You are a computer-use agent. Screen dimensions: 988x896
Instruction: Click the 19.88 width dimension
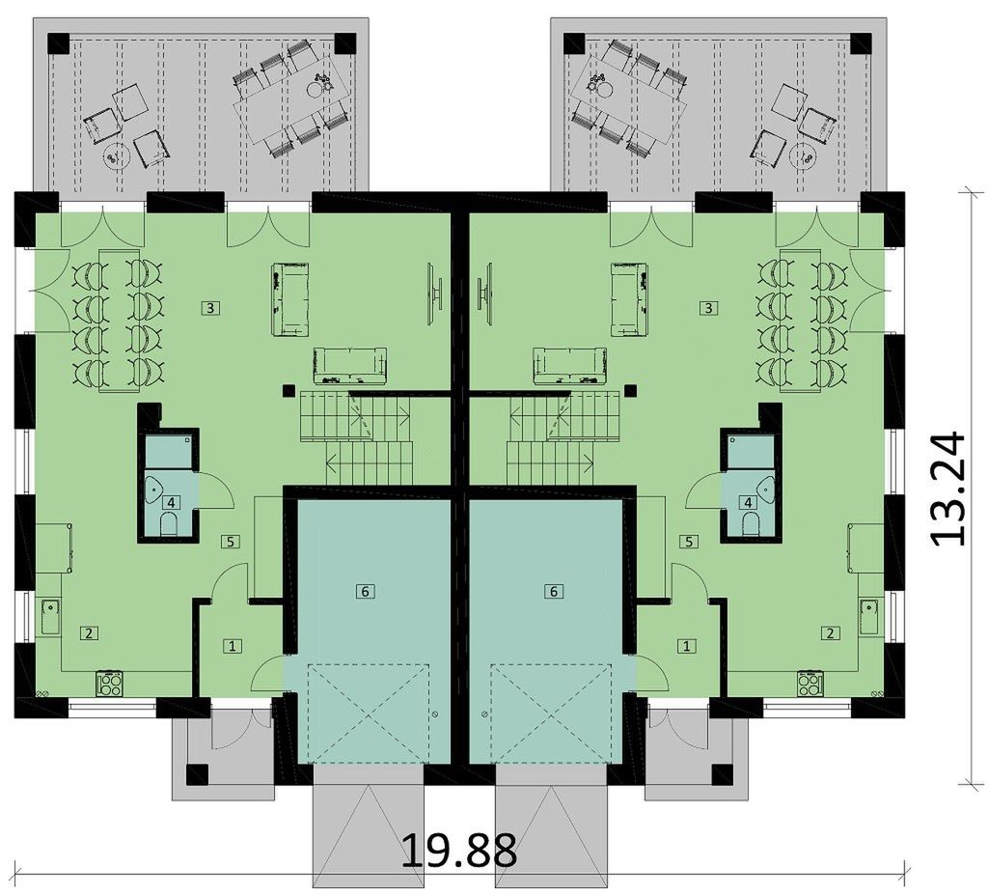click(x=458, y=850)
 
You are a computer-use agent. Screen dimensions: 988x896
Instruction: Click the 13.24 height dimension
click(x=947, y=489)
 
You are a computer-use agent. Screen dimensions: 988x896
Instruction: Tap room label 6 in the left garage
click(x=365, y=592)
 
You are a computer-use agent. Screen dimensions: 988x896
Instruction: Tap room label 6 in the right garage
click(x=554, y=592)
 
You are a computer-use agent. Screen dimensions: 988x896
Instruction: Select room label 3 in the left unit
click(x=210, y=308)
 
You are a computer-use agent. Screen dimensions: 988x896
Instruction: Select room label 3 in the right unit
click(x=709, y=308)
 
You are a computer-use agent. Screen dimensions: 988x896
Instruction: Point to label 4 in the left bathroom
click(x=170, y=502)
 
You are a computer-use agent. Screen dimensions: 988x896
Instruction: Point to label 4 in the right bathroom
click(x=748, y=502)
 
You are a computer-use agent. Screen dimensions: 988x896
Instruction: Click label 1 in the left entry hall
click(x=233, y=646)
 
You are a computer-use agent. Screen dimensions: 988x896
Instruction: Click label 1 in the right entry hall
click(x=686, y=646)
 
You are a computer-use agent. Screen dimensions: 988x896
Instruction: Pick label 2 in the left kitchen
click(x=89, y=632)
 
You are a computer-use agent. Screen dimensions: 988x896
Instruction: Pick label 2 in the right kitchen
click(x=831, y=632)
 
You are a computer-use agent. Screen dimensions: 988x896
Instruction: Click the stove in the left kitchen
click(x=110, y=684)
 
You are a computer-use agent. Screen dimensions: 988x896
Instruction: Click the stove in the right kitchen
click(x=810, y=684)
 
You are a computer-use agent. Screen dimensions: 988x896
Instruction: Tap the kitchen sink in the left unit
click(x=50, y=617)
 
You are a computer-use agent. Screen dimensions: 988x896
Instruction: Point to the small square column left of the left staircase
click(x=288, y=390)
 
